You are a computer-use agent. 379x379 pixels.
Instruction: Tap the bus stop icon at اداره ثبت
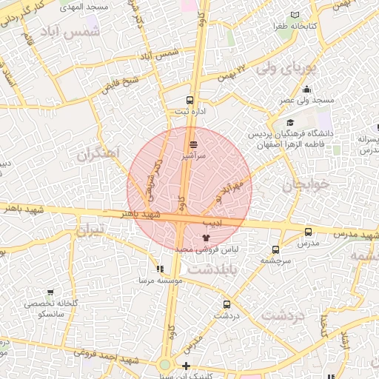tap(189, 100)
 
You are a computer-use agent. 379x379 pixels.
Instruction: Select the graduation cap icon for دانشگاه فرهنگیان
tap(290, 123)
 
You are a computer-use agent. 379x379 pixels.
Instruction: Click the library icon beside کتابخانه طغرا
tap(295, 15)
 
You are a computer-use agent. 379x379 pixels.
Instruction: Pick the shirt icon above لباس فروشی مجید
tap(206, 238)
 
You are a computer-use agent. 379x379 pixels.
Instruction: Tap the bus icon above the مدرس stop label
tap(308, 231)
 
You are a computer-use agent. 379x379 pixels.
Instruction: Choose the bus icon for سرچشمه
tap(275, 249)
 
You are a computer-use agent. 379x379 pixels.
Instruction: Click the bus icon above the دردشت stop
tap(227, 303)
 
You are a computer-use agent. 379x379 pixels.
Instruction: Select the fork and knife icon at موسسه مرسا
tap(159, 269)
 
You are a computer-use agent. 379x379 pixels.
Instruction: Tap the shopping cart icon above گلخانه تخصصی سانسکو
tap(50, 292)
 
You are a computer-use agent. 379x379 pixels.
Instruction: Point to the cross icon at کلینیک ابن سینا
tap(186, 366)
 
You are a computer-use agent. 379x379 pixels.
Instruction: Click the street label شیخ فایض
tap(118, 87)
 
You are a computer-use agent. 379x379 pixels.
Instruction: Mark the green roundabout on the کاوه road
tap(164, 366)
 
